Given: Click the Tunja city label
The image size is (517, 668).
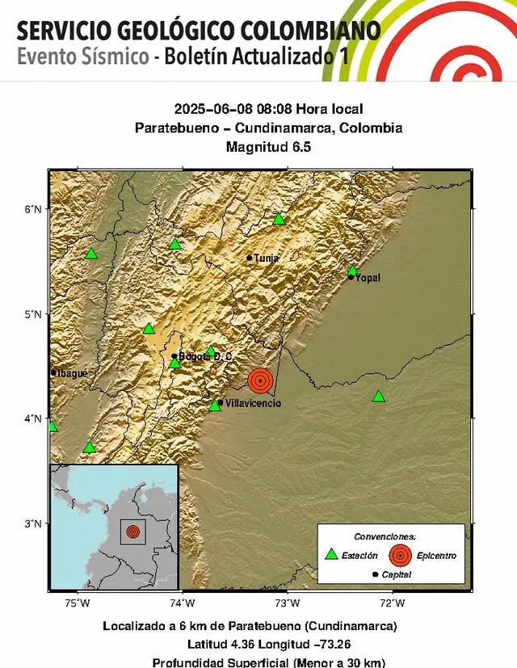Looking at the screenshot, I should (x=267, y=258).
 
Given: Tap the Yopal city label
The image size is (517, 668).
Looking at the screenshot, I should (x=368, y=278).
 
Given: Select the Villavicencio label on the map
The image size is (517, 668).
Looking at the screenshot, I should (x=254, y=402).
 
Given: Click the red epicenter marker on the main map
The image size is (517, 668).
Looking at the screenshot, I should (x=260, y=380).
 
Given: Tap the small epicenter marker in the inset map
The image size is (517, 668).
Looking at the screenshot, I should (x=132, y=531).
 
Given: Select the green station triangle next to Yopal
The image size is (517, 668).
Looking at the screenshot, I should (x=353, y=271).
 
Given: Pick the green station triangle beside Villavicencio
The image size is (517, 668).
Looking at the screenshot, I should (x=215, y=405).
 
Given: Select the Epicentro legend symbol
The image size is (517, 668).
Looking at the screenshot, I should (x=399, y=555).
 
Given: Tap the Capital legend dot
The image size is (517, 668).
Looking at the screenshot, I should (x=376, y=574).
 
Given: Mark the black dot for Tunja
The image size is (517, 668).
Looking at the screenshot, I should (x=250, y=258).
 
